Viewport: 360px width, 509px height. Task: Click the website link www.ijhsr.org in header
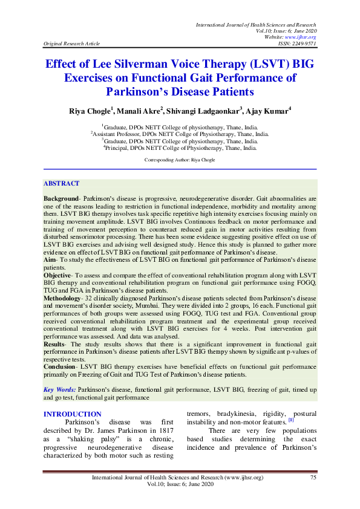[x=304, y=37]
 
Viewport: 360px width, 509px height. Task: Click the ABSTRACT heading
[x=61, y=183]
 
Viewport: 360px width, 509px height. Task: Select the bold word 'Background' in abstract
[x=63, y=198]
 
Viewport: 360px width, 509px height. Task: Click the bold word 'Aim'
[x=50, y=258]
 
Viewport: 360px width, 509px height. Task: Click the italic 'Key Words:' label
[x=60, y=390]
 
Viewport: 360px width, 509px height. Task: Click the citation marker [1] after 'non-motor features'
[x=291, y=419]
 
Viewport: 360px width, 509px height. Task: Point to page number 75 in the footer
[x=313, y=478]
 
